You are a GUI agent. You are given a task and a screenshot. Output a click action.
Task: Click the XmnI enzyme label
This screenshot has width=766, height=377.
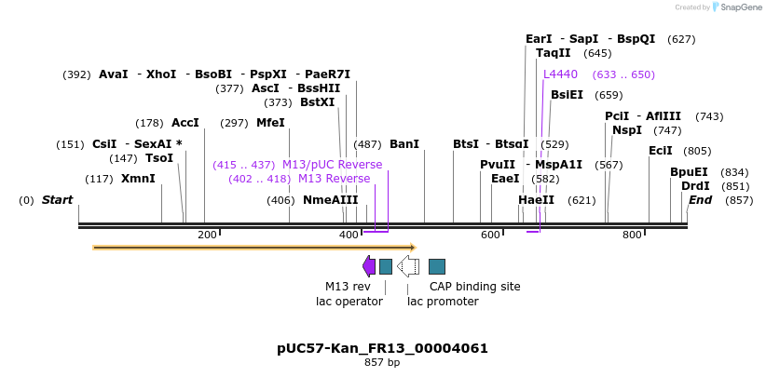pyautogui.click(x=138, y=179)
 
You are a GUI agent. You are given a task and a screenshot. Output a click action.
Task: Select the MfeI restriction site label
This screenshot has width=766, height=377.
pyautogui.click(x=270, y=123)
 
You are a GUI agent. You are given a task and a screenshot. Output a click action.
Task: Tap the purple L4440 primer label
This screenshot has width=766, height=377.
pyautogui.click(x=560, y=74)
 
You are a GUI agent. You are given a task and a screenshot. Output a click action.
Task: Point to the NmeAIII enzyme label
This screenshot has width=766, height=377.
pyautogui.click(x=330, y=200)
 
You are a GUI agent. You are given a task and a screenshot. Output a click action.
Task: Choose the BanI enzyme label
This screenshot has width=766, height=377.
pyautogui.click(x=404, y=144)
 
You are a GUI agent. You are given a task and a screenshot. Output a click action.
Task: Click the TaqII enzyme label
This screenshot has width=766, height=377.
pyautogui.click(x=553, y=54)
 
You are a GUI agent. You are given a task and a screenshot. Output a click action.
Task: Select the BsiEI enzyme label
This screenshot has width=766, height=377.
pyautogui.click(x=567, y=95)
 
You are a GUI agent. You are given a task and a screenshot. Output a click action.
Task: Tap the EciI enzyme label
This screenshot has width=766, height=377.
pyautogui.click(x=660, y=151)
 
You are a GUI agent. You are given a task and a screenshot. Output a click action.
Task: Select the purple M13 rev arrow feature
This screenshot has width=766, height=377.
pyautogui.click(x=369, y=266)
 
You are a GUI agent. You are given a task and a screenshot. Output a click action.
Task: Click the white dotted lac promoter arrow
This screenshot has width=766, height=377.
pyautogui.click(x=408, y=266)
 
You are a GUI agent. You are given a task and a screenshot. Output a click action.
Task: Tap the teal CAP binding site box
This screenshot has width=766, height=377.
pyautogui.click(x=437, y=266)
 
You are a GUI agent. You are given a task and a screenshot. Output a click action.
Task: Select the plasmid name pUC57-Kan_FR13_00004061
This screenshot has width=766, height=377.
pyautogui.click(x=382, y=348)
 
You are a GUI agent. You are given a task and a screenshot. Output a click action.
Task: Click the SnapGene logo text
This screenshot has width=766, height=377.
pyautogui.click(x=737, y=7)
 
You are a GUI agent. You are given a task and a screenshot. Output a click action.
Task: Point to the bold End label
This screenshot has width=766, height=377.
pyautogui.click(x=700, y=200)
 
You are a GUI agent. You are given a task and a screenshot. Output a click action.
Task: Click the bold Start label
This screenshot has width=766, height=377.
pyautogui.click(x=57, y=200)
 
